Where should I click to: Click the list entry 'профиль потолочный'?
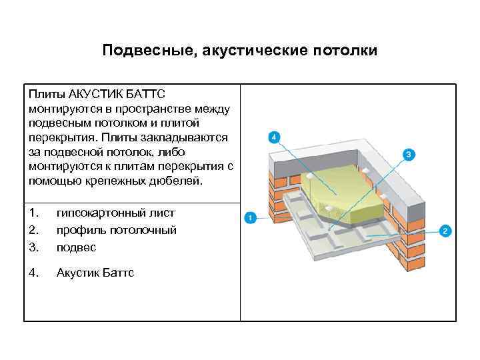click(x=116, y=230)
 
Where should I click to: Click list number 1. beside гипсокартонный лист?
click(x=34, y=213)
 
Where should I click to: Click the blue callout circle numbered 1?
click(x=249, y=217)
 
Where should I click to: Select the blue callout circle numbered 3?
click(x=409, y=155)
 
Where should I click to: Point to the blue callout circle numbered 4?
click(x=273, y=138)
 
